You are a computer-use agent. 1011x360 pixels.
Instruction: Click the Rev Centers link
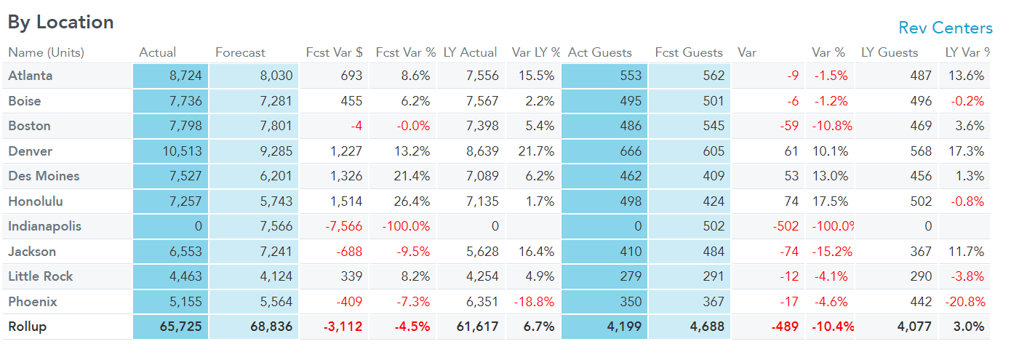tap(945, 28)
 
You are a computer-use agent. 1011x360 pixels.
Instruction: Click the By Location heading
tap(60, 23)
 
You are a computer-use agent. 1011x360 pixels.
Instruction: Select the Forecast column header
tap(240, 52)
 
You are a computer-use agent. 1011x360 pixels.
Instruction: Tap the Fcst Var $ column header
tap(334, 52)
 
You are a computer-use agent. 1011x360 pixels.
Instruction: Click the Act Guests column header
tap(599, 52)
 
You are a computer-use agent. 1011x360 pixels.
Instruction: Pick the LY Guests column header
tap(889, 52)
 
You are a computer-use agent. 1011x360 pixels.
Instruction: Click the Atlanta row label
tap(31, 76)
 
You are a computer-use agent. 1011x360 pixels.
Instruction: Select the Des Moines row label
tap(44, 176)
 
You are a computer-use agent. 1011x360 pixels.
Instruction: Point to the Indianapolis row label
tap(44, 226)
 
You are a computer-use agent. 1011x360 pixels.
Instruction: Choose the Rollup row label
tap(27, 327)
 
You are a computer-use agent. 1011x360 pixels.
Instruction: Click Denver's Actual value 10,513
tap(182, 151)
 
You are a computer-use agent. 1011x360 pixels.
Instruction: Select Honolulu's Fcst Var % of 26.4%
tap(412, 201)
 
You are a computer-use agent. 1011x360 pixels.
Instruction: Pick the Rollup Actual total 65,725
tap(180, 327)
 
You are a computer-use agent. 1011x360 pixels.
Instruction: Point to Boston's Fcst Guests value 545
tap(714, 126)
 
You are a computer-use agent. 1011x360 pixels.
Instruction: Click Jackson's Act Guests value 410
tap(630, 252)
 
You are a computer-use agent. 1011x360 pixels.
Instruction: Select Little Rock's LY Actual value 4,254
tap(482, 276)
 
